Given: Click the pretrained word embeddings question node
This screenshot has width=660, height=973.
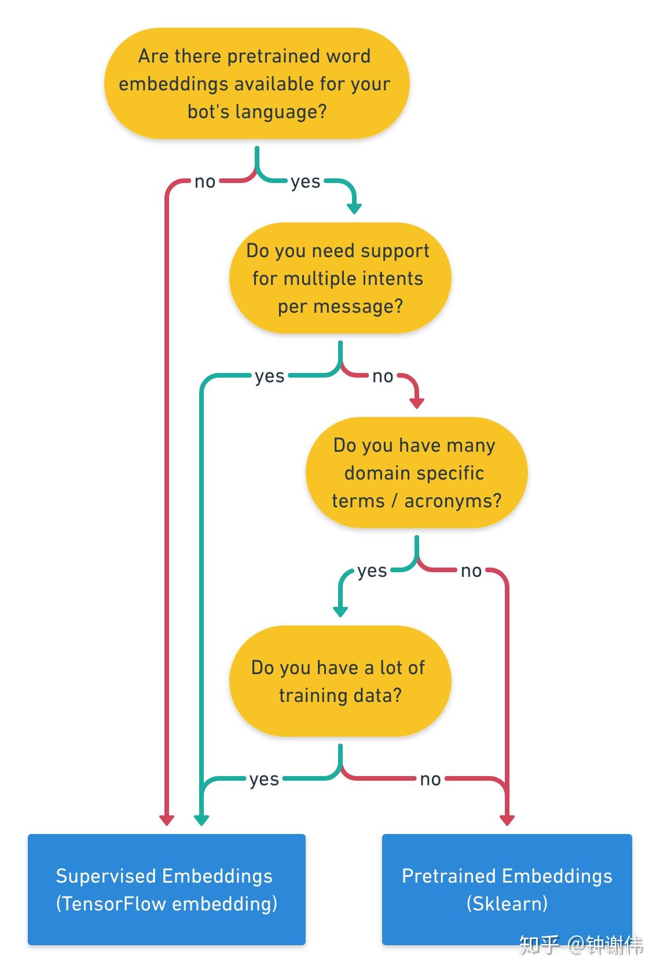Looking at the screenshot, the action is coord(256,83).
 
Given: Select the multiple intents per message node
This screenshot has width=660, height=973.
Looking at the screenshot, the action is coord(340,278).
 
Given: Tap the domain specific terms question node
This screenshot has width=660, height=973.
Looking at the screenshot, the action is coord(416,473).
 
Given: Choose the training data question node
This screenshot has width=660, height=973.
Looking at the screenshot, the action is coord(340,681).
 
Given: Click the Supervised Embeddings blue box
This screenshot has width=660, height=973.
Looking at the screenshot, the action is coord(167,889).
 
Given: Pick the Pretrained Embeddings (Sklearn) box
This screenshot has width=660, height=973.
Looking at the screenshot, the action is coord(507,889).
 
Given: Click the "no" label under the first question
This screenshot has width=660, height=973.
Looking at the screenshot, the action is coord(205,182).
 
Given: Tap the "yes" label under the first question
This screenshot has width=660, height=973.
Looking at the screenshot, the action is coord(306,182).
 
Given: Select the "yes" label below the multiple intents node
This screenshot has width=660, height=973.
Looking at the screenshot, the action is coord(270,377).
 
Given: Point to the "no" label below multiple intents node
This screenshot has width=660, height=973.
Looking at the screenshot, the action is coord(383,376).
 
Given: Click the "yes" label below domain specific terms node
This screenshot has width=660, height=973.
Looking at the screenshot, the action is coord(372,572).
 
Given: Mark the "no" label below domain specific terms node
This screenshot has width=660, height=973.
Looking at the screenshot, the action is coord(471,571).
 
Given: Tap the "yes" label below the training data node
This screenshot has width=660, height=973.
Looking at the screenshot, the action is coord(264,780).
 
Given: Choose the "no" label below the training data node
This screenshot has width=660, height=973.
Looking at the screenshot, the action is coord(431,780).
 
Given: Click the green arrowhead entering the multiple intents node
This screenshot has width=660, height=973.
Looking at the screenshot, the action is coord(354,209).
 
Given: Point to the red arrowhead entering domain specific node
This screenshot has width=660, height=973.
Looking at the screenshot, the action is coord(417,404).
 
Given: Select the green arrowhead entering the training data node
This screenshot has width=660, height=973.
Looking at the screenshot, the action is coord(340,612).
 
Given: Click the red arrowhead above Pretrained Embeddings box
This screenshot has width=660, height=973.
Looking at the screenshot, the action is coord(507,821).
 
